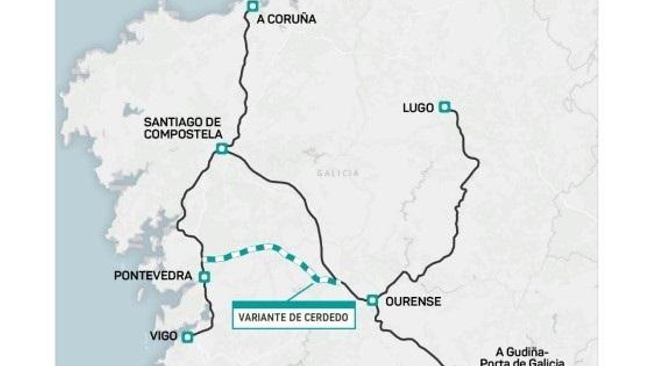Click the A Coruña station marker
[253, 6]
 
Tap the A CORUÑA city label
[286, 19]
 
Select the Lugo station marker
[445, 107]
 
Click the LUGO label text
[418, 108]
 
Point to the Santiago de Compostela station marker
[221, 149]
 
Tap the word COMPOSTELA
[183, 134]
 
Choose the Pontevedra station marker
[205, 277]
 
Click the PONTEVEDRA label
[153, 276]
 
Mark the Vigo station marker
[187, 337]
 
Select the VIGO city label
[163, 336]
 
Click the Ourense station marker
[372, 301]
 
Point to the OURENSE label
[413, 301]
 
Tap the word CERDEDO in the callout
[327, 317]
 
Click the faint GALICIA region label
[338, 173]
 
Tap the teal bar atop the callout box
[293, 305]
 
